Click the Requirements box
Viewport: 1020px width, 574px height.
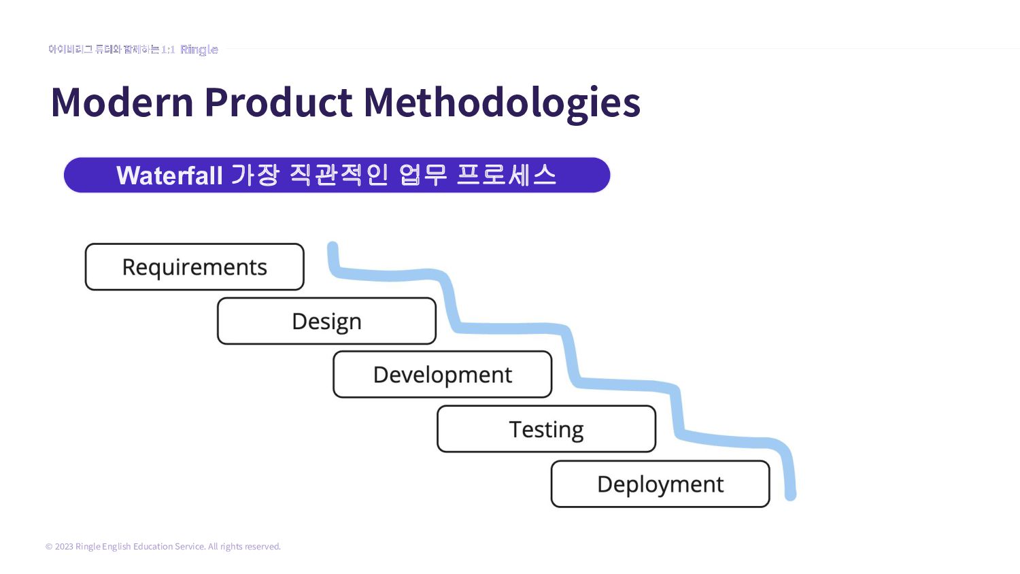click(194, 267)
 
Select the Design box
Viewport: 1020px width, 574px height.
click(326, 321)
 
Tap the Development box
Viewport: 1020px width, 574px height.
click(442, 375)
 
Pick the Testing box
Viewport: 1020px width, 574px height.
click(546, 429)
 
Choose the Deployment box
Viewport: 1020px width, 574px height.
click(660, 484)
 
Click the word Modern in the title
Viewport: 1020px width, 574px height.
click(122, 103)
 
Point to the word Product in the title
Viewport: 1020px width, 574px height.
click(278, 103)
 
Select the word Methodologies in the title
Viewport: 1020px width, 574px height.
click(502, 103)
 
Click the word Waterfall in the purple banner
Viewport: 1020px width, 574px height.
click(169, 175)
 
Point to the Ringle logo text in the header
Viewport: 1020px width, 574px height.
click(199, 50)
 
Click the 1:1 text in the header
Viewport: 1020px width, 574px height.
click(168, 50)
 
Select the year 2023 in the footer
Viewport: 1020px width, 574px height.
click(64, 547)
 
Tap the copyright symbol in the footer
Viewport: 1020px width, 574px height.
click(49, 547)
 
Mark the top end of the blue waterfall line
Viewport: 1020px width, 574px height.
click(333, 246)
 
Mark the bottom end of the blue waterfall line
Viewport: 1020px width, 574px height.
click(790, 495)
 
